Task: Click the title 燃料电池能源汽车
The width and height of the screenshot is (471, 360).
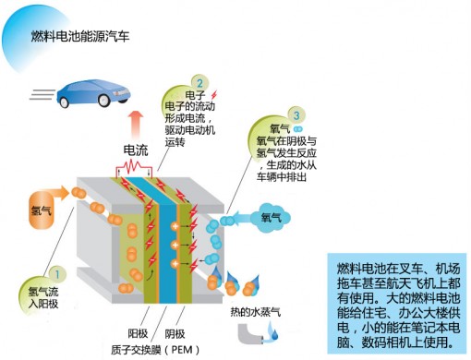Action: click(80, 36)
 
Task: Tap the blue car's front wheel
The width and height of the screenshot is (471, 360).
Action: click(103, 99)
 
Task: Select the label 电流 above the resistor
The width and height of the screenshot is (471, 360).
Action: click(136, 150)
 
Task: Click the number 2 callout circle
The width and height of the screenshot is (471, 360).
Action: click(199, 83)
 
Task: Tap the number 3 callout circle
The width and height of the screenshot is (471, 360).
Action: click(296, 115)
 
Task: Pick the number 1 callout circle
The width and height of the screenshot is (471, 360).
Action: click(57, 273)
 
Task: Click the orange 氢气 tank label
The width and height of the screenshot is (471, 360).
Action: click(41, 210)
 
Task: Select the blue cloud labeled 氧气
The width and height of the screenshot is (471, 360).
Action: click(271, 217)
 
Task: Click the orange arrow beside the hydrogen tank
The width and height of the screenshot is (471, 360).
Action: click(61, 193)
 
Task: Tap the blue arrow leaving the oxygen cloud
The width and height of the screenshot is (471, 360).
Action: click(243, 218)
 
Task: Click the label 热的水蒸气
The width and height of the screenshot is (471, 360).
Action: click(256, 312)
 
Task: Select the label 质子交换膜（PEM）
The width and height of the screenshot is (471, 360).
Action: click(156, 350)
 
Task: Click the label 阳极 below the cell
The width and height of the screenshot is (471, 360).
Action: click(138, 333)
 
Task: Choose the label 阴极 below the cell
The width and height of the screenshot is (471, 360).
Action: click(175, 334)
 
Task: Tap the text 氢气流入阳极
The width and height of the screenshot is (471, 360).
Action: click(43, 297)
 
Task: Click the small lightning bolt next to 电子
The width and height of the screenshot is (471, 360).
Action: click(214, 95)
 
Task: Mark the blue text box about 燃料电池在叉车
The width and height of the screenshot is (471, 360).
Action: click(397, 304)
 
